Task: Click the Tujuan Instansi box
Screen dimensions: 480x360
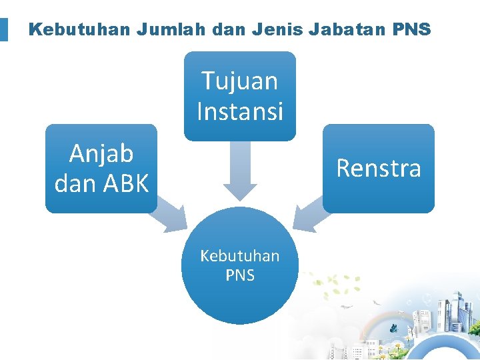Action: click(239, 96)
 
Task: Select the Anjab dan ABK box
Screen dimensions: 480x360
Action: click(101, 168)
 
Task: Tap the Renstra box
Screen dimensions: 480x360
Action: click(378, 168)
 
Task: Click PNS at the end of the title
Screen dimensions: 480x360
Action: click(414, 30)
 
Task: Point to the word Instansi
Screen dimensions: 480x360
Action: click(239, 111)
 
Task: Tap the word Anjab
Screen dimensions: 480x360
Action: click(101, 154)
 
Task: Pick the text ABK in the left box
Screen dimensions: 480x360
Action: click(125, 183)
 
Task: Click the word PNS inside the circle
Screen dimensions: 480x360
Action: click(239, 275)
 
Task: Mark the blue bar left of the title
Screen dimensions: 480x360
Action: click(4, 30)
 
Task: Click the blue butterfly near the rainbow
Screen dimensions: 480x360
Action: click(394, 328)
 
